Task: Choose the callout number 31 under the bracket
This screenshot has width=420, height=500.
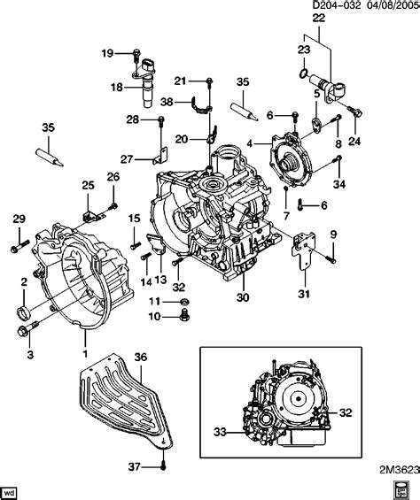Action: coord(302,295)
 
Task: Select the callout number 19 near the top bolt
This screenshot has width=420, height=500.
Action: coord(107,54)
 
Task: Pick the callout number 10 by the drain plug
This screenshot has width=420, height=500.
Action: coord(154,317)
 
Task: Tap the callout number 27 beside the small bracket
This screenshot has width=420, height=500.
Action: coord(128,159)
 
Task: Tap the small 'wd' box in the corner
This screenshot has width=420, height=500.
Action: coord(12,489)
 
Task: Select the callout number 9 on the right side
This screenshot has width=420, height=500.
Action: coord(334,234)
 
